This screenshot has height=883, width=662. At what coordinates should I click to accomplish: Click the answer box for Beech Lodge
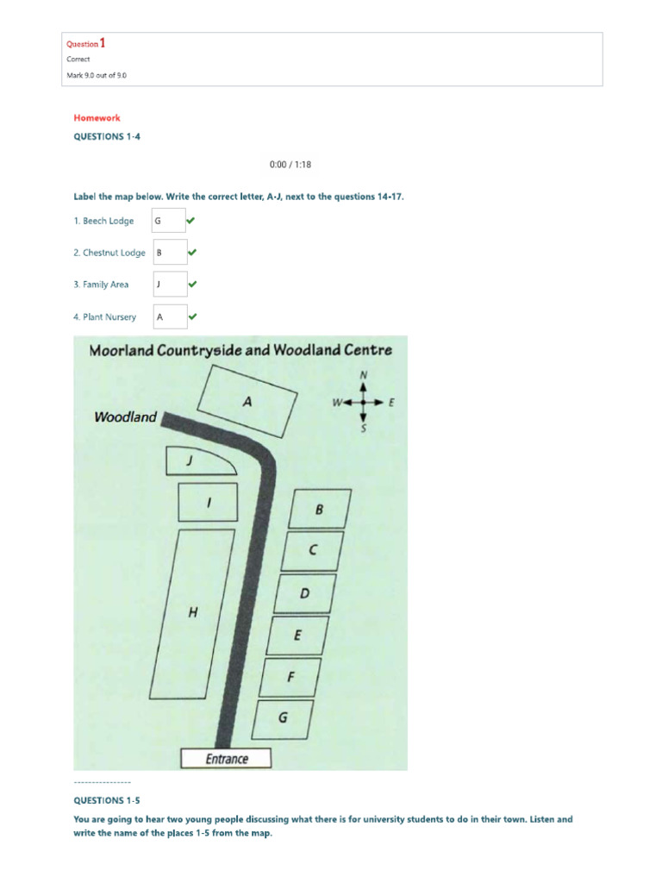tap(169, 221)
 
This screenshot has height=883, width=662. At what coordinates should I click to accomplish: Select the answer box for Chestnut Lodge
tap(169, 253)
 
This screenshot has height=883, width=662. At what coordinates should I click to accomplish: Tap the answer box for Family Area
tap(169, 285)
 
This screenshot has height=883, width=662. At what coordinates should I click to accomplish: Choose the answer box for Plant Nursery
tap(169, 316)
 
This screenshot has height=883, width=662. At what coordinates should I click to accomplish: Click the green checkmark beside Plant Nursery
tap(192, 316)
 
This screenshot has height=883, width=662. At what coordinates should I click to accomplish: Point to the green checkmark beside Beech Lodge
tap(192, 221)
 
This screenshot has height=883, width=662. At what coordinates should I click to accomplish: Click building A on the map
tap(247, 401)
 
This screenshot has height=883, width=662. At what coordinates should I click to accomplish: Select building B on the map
tap(319, 509)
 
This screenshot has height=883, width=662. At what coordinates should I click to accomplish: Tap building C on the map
tap(313, 550)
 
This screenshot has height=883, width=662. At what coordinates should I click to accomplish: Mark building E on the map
tap(298, 636)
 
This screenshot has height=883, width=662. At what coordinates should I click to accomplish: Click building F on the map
tap(291, 677)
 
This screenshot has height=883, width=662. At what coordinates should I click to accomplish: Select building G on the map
tap(284, 717)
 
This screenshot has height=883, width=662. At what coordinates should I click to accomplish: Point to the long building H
tap(191, 613)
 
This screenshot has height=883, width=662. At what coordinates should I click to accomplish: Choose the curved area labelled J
tap(195, 462)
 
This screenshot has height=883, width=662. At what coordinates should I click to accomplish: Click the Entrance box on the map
tap(226, 759)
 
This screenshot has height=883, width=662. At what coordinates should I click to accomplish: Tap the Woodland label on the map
tap(126, 417)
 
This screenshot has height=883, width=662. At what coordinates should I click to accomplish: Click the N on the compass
tap(363, 375)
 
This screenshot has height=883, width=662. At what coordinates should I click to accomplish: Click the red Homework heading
tap(97, 118)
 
